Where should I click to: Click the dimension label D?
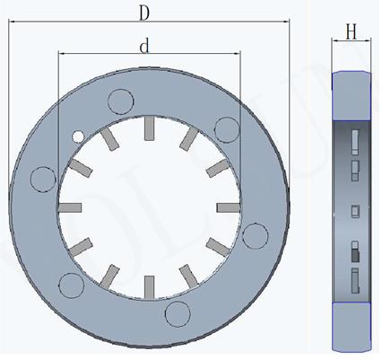(143, 13)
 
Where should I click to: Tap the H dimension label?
(352, 33)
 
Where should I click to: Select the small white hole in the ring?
(78, 136)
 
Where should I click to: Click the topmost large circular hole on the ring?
(118, 101)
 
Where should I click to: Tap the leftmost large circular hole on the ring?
(41, 179)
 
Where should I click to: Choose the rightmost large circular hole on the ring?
(256, 235)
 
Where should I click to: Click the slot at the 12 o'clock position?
(151, 131)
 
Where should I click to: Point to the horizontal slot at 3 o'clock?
(228, 207)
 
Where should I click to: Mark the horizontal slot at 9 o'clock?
(71, 207)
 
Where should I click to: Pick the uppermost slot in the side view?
(355, 139)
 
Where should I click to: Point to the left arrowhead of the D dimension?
(11, 28)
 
